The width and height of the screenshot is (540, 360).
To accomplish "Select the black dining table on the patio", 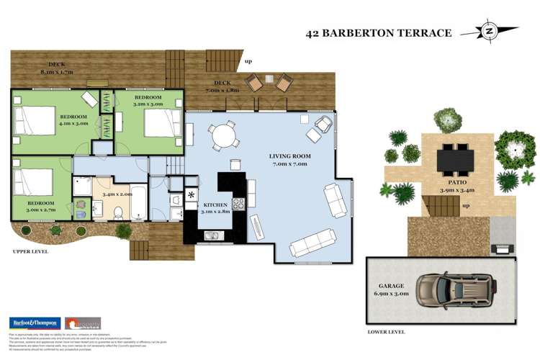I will (456, 157).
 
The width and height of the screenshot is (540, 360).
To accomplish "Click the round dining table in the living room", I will (223, 135).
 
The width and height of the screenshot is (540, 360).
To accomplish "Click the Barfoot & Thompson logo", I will (33, 323).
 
